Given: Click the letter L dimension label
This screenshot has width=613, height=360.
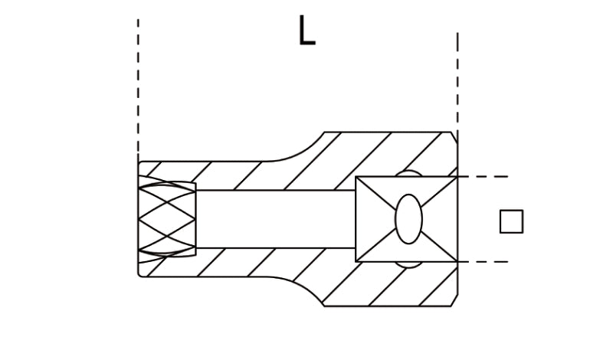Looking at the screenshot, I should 306,31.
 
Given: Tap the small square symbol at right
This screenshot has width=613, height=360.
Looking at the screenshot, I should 511,221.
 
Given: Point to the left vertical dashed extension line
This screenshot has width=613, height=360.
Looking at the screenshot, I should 138,84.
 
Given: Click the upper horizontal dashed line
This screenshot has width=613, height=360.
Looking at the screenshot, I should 483,177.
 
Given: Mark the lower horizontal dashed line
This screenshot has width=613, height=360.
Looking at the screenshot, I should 483,262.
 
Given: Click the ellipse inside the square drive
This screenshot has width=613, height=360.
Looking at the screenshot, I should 408,219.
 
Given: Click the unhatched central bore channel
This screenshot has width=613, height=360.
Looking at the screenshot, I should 276,219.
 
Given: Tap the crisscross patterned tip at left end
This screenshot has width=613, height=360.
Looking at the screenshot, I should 167,219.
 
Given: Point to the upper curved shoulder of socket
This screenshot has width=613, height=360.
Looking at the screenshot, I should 303,149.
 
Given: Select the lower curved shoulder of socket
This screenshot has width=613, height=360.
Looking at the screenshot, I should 303,289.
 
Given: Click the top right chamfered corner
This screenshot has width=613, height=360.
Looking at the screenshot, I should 453,136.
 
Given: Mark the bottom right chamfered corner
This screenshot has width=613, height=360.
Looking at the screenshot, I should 453,302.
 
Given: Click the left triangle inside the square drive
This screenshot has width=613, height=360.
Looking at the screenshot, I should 372,219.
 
